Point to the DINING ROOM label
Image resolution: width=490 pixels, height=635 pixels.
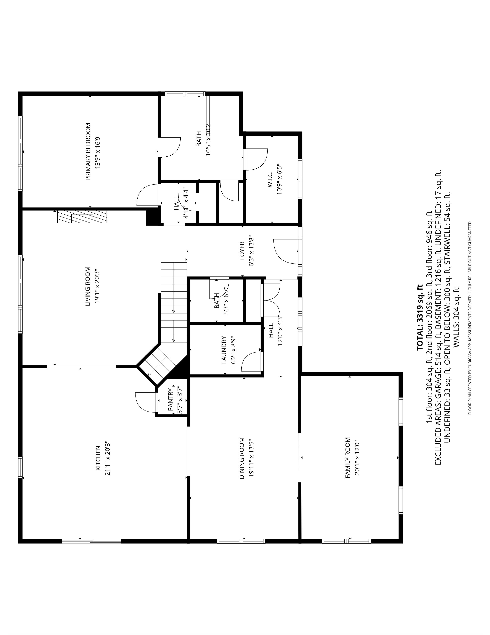(242, 458)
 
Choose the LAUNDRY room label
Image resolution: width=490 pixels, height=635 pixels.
(223, 350)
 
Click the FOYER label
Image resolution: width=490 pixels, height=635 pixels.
(242, 250)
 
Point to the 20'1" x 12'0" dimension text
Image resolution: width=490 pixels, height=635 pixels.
(357, 458)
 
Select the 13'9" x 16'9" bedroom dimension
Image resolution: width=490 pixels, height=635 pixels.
(98, 152)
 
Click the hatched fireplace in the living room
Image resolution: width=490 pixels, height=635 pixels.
(82, 217)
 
